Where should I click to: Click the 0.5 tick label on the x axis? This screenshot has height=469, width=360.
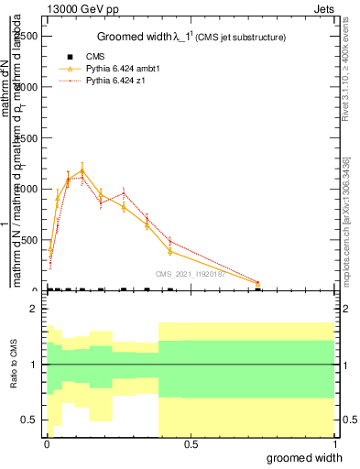(191, 444)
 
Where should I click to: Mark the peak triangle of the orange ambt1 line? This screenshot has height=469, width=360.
(108, 170)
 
